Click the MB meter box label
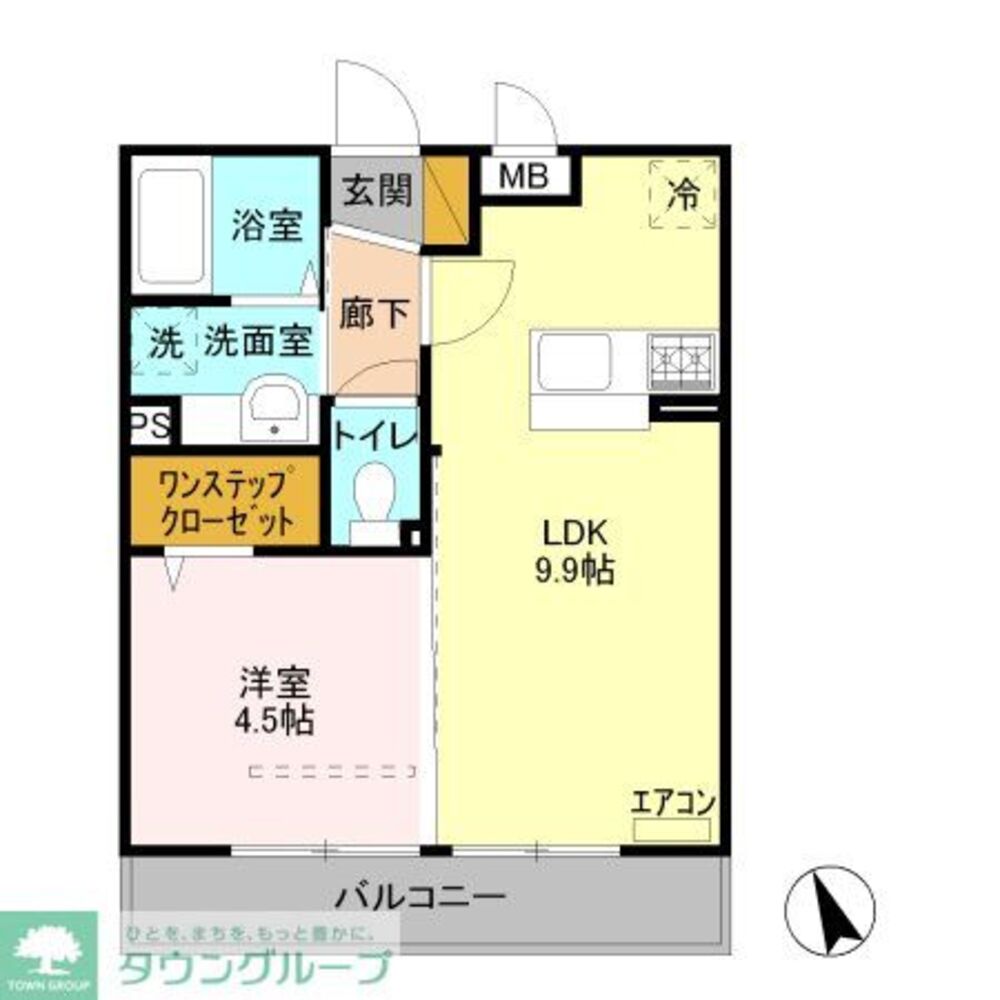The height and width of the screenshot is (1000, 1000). (x=525, y=177)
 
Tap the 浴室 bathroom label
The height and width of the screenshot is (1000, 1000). (x=266, y=225)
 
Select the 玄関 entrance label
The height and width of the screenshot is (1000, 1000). (x=378, y=190)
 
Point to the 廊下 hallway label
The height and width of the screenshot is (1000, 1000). (x=374, y=315)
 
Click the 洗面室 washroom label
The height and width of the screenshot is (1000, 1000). (x=259, y=343)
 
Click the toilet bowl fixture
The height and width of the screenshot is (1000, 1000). (x=375, y=495)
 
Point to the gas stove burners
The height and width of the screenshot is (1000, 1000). (x=682, y=360)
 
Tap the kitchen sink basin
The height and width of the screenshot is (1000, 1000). (x=574, y=362)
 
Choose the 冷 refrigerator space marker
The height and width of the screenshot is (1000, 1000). (x=683, y=193)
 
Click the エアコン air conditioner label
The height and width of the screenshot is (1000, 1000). (x=672, y=802)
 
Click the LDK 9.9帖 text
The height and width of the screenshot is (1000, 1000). (x=576, y=553)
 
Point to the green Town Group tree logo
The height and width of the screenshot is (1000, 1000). (x=47, y=950)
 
